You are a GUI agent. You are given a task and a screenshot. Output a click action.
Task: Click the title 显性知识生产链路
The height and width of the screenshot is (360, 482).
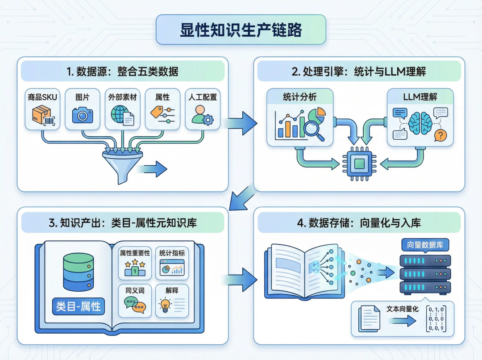(x=241, y=30)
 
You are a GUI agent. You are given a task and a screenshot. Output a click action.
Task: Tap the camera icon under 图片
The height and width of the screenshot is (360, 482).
(x=83, y=115)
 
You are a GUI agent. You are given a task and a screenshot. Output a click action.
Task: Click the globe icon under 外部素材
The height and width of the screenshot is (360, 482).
(x=120, y=114)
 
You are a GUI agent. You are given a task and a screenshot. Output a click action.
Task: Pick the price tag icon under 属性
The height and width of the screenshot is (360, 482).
(x=157, y=112)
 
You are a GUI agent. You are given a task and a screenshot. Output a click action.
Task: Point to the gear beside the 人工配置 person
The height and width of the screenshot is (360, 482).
(x=208, y=120)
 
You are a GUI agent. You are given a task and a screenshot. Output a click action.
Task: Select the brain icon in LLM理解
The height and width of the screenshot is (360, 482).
(x=420, y=123)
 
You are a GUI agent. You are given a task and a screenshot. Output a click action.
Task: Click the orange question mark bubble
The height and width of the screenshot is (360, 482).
(x=440, y=135)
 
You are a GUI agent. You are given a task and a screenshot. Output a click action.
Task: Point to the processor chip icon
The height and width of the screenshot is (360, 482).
(x=359, y=163)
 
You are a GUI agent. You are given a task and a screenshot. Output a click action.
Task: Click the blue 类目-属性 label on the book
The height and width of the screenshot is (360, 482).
(x=79, y=306)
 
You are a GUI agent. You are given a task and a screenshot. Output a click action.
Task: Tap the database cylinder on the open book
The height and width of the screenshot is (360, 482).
(x=79, y=272)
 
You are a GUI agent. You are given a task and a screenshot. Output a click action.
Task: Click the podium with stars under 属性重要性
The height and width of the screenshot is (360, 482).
(x=135, y=268)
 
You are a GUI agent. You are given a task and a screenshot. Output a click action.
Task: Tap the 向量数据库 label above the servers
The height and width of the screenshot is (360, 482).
(x=425, y=245)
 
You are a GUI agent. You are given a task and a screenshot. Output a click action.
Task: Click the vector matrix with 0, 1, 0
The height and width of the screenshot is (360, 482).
(x=436, y=319)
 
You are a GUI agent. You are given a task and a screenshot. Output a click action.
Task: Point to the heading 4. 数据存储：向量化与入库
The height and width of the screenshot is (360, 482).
(x=359, y=222)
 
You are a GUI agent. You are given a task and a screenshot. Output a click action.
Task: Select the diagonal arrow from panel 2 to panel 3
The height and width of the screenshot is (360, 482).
(x=242, y=197)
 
